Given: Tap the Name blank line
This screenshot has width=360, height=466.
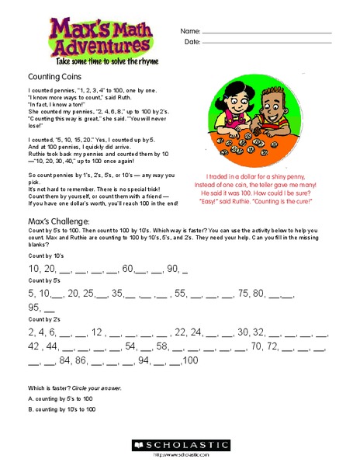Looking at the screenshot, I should tap(267, 32).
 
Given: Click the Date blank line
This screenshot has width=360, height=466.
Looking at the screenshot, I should tap(267, 42).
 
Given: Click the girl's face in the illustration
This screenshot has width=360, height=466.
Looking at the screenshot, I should tap(241, 106).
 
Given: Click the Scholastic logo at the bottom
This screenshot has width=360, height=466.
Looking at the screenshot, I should tap(181, 445).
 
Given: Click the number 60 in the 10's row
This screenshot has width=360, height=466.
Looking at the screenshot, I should tap(128, 269).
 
